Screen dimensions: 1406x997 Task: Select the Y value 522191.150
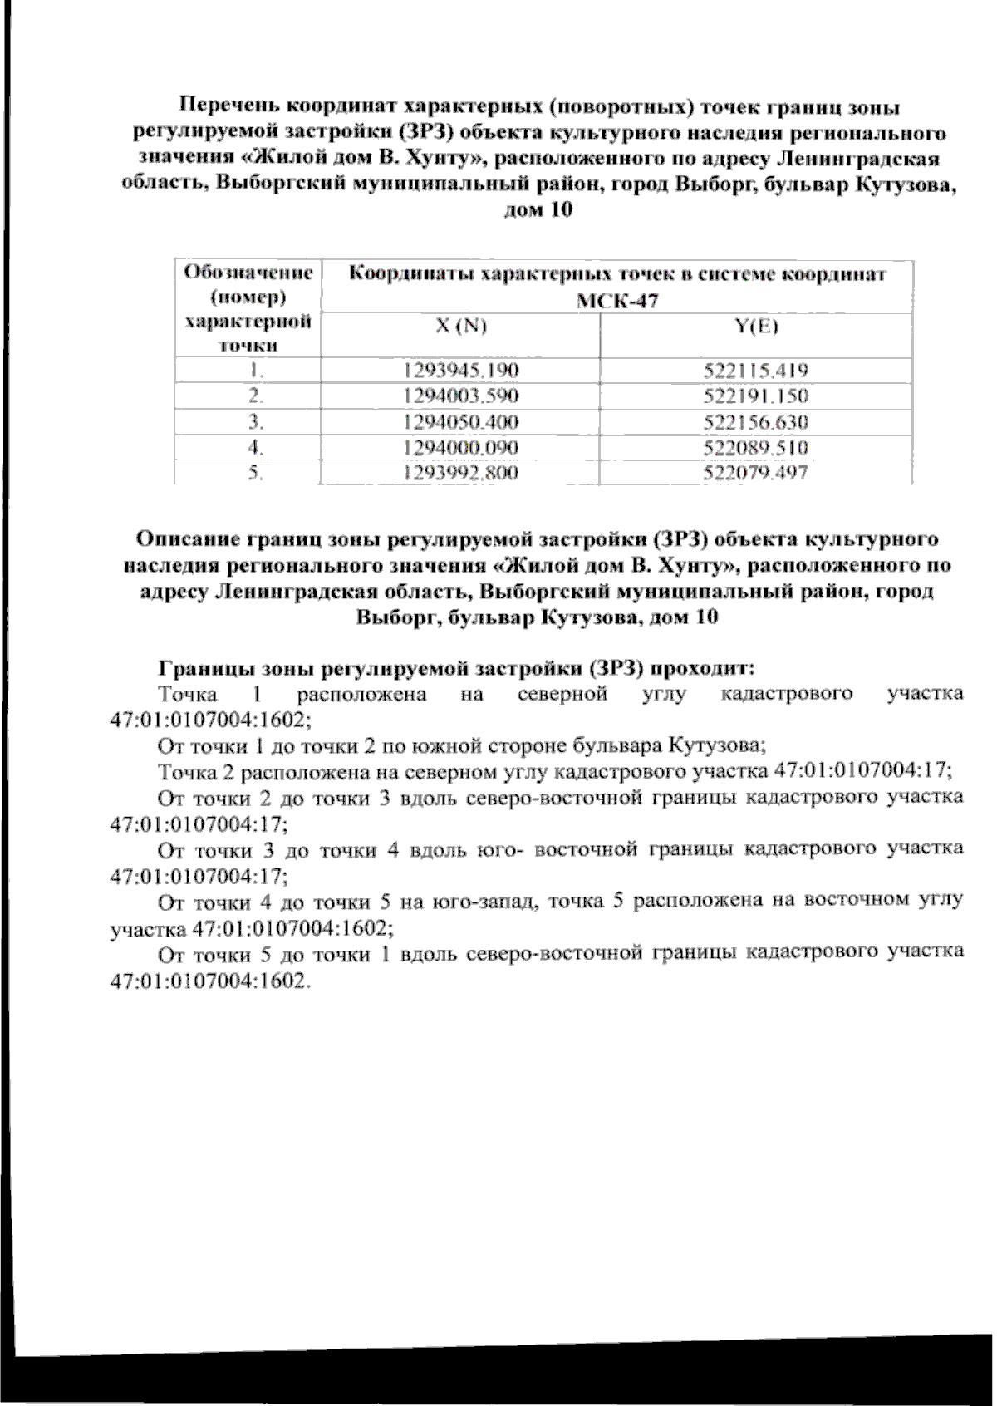(755, 396)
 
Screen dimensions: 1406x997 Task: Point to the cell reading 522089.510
(755, 448)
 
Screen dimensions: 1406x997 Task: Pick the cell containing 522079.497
(755, 474)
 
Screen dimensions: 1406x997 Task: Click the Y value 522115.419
(755, 370)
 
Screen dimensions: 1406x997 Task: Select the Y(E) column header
(756, 327)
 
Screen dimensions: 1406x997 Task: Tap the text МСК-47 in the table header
(617, 301)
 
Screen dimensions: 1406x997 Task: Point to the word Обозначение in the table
(248, 273)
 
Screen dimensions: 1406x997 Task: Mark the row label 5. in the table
(257, 474)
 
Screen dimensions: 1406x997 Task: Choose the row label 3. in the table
(257, 422)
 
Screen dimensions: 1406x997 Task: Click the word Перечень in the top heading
(229, 107)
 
